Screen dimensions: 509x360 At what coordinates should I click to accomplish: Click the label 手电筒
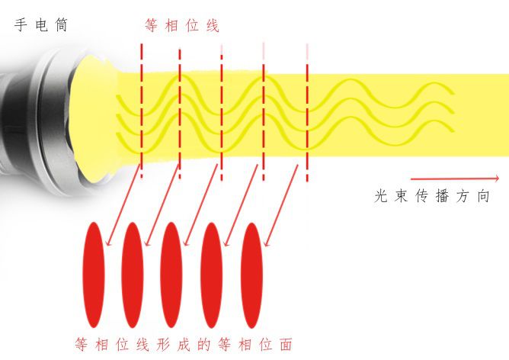[x=40, y=25]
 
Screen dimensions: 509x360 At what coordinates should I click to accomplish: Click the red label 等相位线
[x=182, y=26]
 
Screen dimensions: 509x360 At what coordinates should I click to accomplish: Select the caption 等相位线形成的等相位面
[x=184, y=344]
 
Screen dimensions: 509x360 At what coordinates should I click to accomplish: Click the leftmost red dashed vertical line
[x=141, y=107]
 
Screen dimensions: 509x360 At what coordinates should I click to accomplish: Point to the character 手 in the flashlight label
[x=21, y=25]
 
